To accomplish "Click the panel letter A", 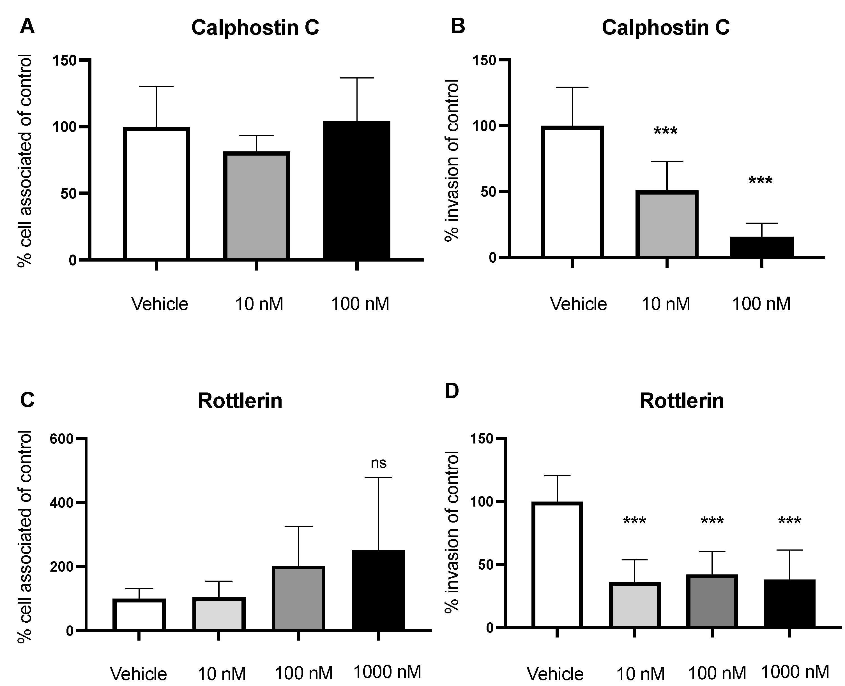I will coord(27,27).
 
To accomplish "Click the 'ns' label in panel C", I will coord(378,463).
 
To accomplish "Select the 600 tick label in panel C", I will coord(62,439).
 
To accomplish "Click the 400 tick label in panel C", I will coord(62,503).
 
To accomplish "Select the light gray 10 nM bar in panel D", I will coord(634,605).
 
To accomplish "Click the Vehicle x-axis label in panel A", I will coord(160,304).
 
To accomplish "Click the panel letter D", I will coord(452,391).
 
